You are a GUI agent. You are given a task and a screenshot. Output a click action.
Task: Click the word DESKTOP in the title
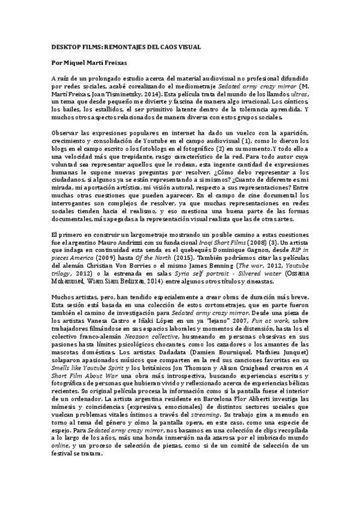pyautogui.click(x=61, y=46)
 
